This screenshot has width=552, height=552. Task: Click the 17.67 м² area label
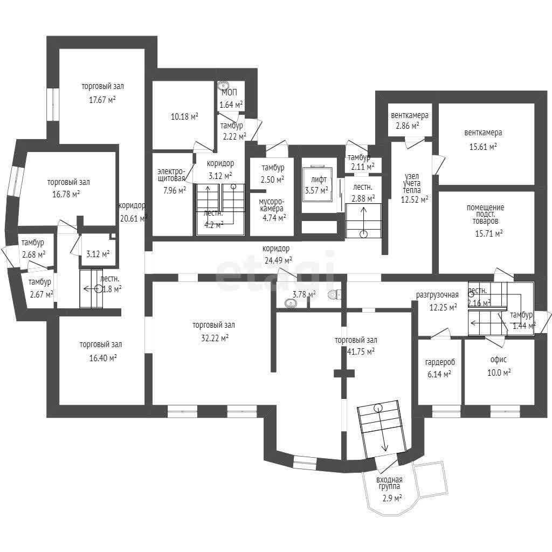click(102, 100)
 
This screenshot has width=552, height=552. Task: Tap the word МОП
click(229, 93)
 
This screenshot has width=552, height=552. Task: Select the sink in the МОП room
click(223, 85)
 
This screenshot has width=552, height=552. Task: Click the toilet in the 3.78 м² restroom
click(334, 294)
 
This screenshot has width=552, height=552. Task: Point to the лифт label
click(319, 180)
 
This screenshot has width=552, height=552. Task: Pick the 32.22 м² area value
click(215, 339)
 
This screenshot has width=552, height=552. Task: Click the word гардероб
click(440, 362)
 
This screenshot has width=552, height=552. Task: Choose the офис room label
click(499, 360)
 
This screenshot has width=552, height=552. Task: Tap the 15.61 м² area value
click(483, 147)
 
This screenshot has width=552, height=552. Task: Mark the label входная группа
click(389, 482)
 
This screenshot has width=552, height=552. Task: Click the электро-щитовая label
click(171, 175)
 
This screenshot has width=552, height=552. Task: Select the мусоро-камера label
click(272, 205)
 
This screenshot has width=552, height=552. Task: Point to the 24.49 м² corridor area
click(278, 260)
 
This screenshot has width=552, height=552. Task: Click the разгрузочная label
click(437, 295)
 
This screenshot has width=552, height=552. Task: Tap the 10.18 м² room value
click(184, 116)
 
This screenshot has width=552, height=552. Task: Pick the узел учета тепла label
click(412, 183)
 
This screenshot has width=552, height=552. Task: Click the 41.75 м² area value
click(361, 351)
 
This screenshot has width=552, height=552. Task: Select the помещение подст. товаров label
click(486, 214)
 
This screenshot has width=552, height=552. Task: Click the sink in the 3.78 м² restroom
click(291, 303)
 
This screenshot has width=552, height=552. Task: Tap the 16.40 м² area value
click(103, 358)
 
